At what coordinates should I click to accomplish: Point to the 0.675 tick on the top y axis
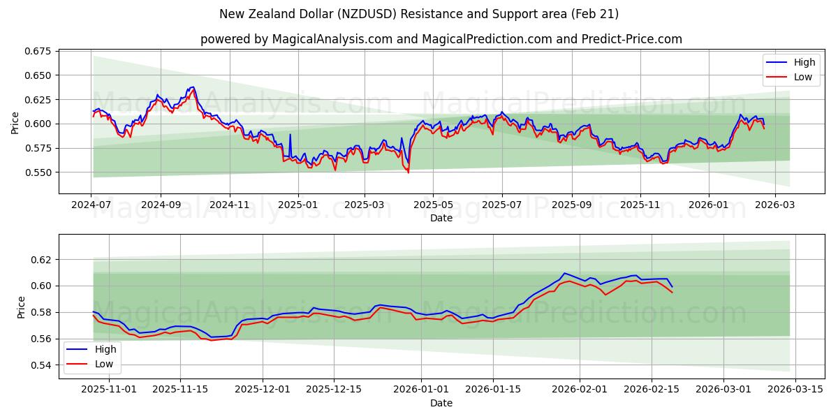coord(38,51)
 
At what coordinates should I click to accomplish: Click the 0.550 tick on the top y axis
coord(38,172)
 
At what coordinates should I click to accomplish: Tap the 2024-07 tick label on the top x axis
coord(91,205)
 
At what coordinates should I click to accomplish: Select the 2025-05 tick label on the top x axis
coord(432,205)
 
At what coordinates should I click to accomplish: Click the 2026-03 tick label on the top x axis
coord(774,205)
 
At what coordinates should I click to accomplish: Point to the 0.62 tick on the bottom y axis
coord(41,260)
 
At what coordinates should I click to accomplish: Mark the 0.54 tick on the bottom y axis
coord(41,365)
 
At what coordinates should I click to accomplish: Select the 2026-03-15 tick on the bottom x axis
coord(795,390)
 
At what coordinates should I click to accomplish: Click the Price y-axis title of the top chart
coord(15,123)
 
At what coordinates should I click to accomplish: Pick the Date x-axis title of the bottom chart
coord(441,403)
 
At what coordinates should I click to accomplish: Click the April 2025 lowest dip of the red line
coord(409,172)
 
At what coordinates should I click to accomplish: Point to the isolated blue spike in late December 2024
coord(290,135)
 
